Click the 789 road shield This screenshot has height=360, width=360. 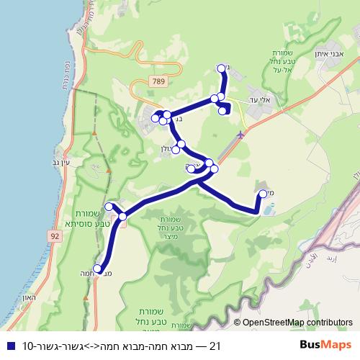pyautogui.click(x=158, y=83)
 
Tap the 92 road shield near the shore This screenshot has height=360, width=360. pyautogui.click(x=55, y=235)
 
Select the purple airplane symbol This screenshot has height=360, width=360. pyautogui.click(x=240, y=134)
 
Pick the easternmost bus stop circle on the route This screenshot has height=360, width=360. pyautogui.click(x=263, y=193)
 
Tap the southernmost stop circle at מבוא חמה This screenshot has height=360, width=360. pyautogui.click(x=97, y=269)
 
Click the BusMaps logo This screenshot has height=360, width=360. pyautogui.click(x=325, y=346)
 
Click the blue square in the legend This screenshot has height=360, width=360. pyautogui.click(x=9, y=346)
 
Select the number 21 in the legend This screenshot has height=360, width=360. pyautogui.click(x=213, y=346)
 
